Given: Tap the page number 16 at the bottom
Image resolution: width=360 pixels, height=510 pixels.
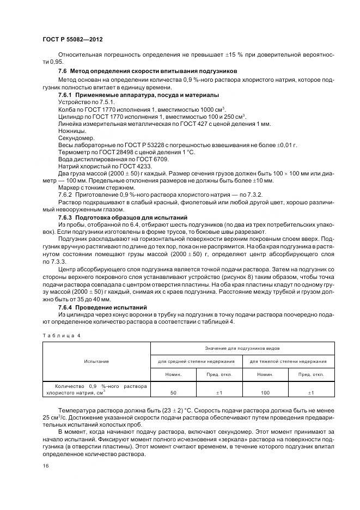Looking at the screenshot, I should click(x=45, y=466).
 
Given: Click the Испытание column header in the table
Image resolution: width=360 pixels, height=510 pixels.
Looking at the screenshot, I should click(x=96, y=361).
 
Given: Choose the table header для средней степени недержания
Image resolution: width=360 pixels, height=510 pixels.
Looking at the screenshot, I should click(x=196, y=361).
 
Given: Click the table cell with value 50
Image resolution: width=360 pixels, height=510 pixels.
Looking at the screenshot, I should click(x=173, y=392).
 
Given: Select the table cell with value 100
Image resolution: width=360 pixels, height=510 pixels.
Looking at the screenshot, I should click(x=265, y=392).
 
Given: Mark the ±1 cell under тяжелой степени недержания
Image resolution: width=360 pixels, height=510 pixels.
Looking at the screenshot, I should click(x=310, y=392).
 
